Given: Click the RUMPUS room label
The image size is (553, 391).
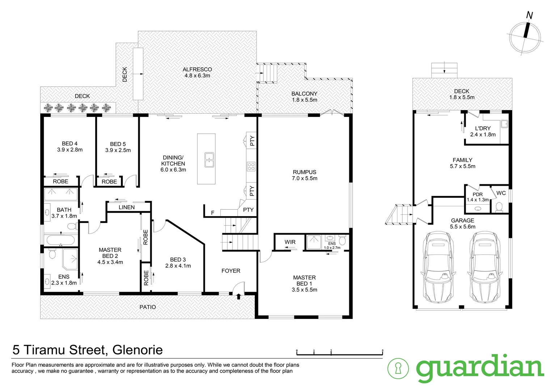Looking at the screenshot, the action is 304,172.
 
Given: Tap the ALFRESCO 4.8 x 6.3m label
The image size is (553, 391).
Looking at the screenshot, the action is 197,73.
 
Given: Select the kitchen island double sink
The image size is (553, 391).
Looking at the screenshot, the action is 209,160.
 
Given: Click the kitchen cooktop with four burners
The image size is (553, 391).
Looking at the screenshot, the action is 251,167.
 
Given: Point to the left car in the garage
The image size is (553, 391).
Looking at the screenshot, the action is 438,267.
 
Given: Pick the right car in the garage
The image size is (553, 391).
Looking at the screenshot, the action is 485,267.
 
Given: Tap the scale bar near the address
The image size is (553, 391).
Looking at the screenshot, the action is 340,353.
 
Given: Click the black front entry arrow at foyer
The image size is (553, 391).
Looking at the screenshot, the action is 239,297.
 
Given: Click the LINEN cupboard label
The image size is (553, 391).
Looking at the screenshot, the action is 127,207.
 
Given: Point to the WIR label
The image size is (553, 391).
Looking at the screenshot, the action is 290,242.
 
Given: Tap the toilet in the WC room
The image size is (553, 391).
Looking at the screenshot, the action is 499,207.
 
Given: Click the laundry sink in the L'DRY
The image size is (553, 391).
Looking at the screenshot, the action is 505,124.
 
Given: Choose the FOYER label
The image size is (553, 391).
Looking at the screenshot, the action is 231,271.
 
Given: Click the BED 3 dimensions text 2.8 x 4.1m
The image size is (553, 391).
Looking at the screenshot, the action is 178,266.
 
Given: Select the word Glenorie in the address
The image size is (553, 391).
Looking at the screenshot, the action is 138,350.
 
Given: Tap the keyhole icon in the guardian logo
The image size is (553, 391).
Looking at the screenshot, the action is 398,369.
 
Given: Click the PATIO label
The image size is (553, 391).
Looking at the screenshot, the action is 148,307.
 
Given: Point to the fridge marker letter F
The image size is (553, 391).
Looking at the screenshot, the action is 212,213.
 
